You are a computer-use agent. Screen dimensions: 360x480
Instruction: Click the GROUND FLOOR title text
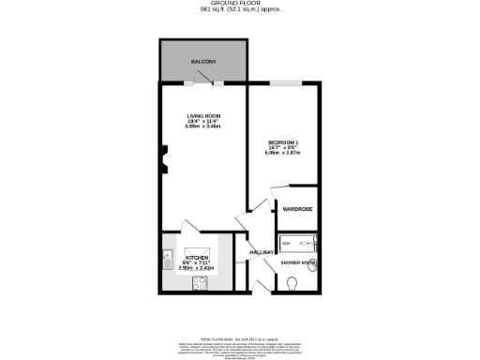(239, 4)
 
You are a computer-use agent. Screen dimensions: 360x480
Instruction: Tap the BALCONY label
(203, 61)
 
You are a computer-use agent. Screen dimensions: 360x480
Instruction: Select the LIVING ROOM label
(201, 115)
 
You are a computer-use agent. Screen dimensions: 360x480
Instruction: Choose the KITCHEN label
(196, 257)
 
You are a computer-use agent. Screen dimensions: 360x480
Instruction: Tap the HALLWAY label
(262, 252)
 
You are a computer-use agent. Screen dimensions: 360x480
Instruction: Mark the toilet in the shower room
(292, 281)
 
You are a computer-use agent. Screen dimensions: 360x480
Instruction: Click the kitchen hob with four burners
(200, 281)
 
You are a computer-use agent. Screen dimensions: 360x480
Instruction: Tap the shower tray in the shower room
(298, 242)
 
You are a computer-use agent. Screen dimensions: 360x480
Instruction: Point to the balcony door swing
(202, 85)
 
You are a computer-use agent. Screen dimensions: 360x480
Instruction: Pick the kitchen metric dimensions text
(196, 268)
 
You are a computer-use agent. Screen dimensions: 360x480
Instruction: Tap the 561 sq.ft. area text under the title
(239, 10)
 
